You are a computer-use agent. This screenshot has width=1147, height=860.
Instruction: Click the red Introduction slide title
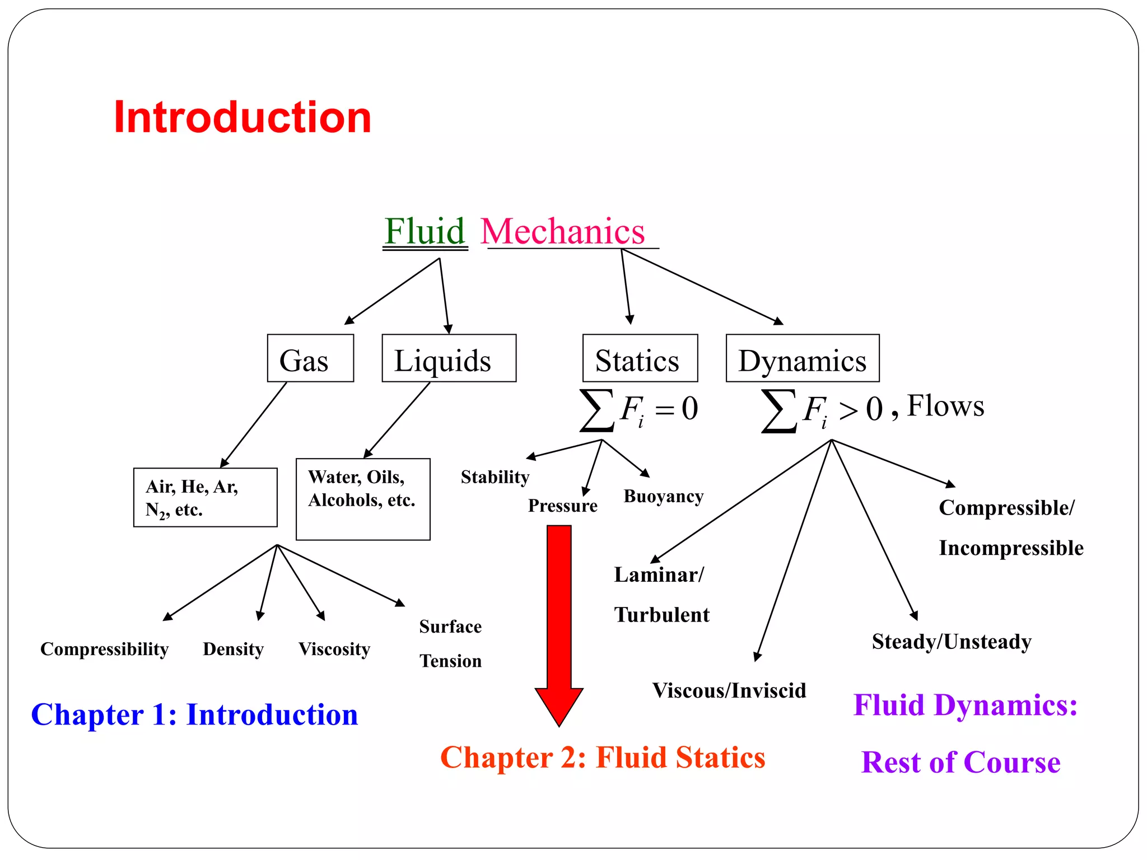(x=242, y=118)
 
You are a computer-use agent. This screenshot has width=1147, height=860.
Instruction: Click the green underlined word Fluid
(x=425, y=231)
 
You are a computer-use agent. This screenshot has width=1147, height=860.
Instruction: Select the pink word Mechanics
(x=562, y=231)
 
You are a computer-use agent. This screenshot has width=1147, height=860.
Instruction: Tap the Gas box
(x=310, y=358)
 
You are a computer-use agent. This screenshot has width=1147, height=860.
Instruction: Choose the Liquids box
(x=449, y=358)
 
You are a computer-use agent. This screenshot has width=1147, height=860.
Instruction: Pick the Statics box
(x=640, y=358)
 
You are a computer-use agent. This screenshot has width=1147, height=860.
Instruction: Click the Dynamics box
(x=802, y=358)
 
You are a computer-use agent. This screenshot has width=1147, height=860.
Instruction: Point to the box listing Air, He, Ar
(x=205, y=497)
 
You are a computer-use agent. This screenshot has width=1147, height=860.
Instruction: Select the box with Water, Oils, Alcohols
(x=362, y=498)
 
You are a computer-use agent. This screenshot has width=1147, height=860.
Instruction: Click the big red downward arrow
(x=559, y=621)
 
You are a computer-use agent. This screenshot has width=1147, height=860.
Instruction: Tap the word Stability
(x=495, y=477)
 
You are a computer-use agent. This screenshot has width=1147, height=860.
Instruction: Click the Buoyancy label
(x=663, y=497)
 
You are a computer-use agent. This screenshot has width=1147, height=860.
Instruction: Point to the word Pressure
(x=562, y=506)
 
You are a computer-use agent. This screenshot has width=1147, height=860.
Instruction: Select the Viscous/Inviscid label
(x=729, y=690)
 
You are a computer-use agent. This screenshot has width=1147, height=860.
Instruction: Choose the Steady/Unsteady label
(x=951, y=642)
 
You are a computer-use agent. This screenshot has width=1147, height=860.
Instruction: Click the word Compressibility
(x=104, y=649)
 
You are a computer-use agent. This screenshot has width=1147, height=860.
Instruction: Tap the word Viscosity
(x=334, y=649)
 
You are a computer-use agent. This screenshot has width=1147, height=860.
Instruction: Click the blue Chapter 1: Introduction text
(x=194, y=714)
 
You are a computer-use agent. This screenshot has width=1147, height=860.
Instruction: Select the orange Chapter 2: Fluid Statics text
(x=603, y=758)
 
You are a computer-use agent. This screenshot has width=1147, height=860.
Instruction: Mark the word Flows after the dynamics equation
(x=945, y=406)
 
